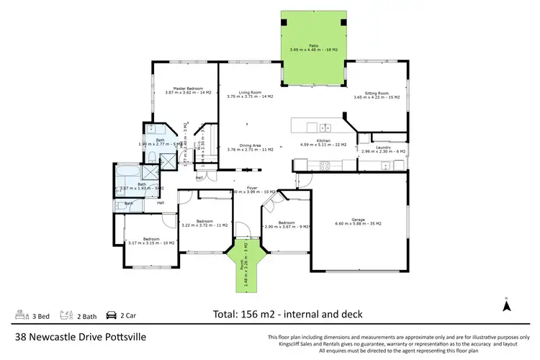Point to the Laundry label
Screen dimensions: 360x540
coord(383,148)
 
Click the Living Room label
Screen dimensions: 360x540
coord(249,94)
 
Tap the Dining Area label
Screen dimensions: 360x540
coord(249,146)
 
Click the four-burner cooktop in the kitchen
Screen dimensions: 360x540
coord(324,164)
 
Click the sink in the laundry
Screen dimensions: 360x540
coord(386,166)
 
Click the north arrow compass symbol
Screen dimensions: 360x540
coord(506,305)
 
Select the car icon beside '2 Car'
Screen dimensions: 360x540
coord(112,315)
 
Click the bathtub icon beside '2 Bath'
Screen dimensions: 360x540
coord(65,315)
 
